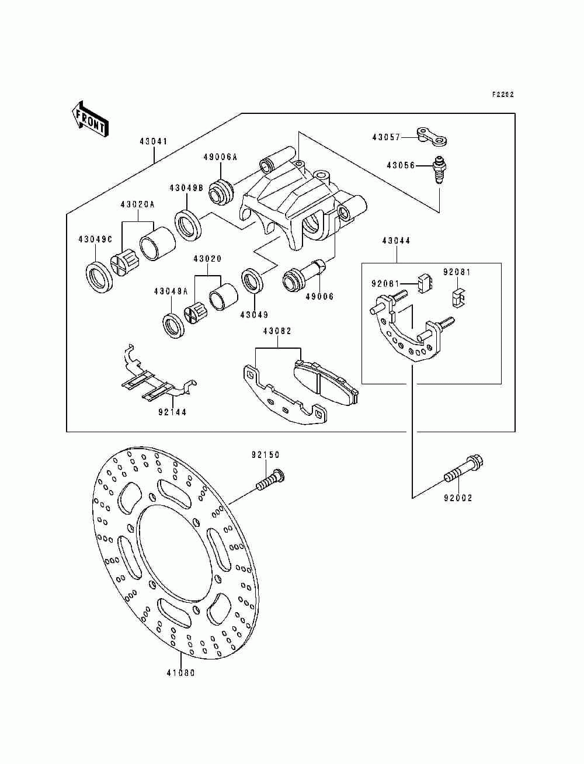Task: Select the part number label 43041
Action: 154,141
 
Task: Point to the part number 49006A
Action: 220,157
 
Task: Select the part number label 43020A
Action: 137,204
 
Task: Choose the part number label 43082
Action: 277,331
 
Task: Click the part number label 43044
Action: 396,240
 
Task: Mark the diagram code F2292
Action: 503,94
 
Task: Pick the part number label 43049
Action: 255,315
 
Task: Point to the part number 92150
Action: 266,454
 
